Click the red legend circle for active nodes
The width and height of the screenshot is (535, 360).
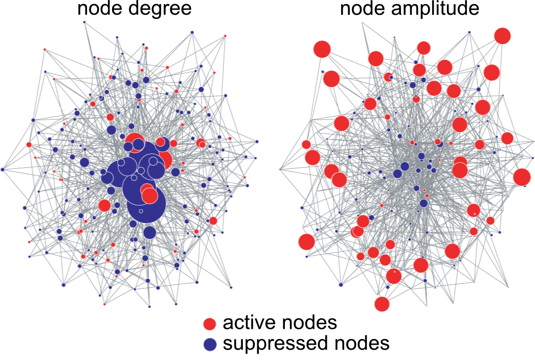[x=210, y=324]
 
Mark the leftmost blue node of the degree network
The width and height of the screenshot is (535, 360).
[x=3, y=169]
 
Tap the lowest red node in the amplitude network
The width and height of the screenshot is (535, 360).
[x=382, y=304]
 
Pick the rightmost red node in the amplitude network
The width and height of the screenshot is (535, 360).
[x=522, y=177]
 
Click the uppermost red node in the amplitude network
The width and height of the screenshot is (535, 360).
[x=502, y=35]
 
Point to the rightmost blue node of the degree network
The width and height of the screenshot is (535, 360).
[x=257, y=141]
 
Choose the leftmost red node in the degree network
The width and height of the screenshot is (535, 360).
[x=29, y=145]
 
